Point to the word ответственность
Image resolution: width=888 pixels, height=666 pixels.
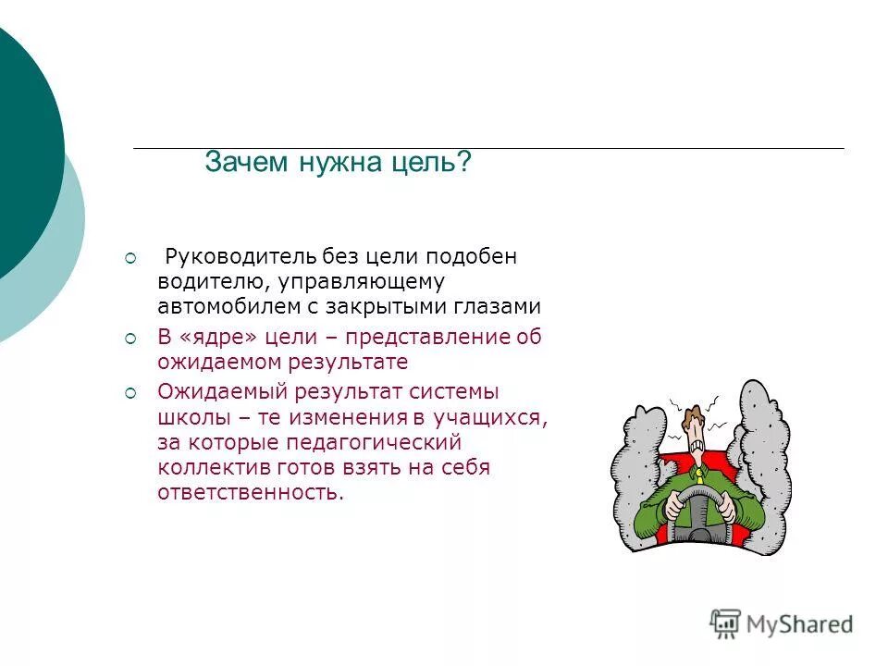coord(250,493)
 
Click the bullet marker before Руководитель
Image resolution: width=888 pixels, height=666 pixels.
coord(130,257)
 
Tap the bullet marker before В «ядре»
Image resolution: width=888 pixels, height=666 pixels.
coord(130,339)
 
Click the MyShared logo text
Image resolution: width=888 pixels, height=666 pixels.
coord(800,624)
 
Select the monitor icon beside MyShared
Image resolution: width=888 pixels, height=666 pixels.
coord(726,623)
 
